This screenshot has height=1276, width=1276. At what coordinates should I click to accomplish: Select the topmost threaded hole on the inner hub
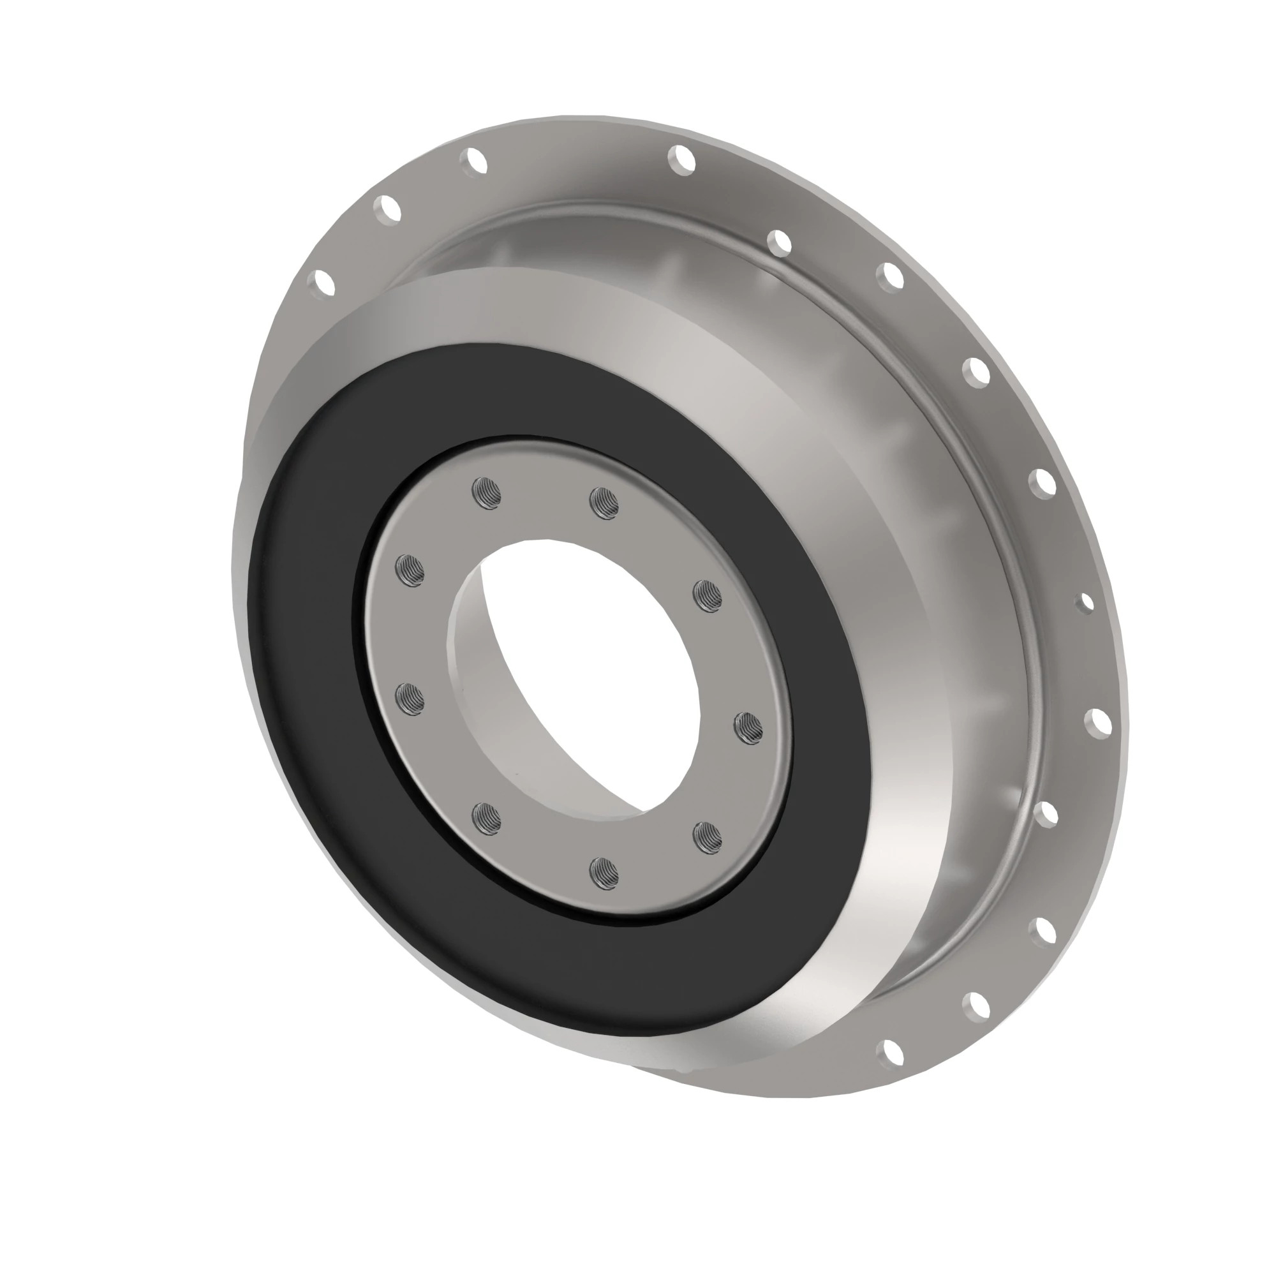click(x=487, y=493)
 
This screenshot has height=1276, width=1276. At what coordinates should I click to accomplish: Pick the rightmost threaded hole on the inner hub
click(x=748, y=729)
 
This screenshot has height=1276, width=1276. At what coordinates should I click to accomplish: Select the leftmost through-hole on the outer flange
click(x=323, y=283)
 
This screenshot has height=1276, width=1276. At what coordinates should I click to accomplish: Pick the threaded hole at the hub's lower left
click(x=487, y=818)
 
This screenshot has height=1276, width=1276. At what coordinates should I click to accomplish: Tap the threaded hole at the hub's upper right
click(x=708, y=595)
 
